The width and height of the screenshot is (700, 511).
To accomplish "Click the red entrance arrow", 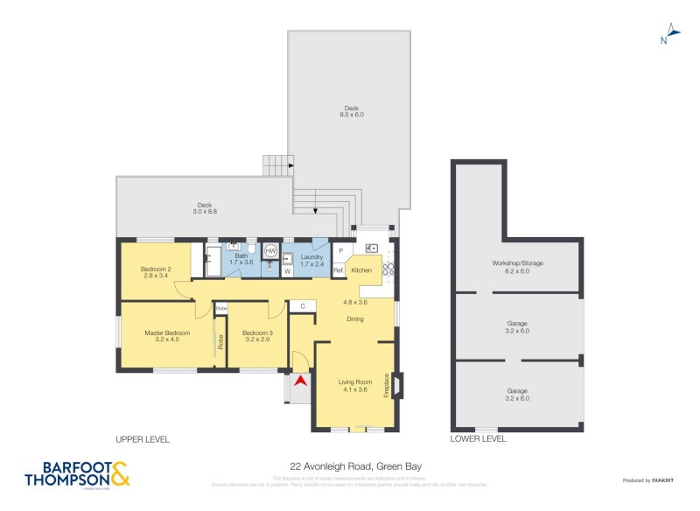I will click(302, 381).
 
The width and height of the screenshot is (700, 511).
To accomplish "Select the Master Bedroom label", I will click(167, 335).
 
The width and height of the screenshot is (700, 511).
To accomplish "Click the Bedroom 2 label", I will click(157, 272).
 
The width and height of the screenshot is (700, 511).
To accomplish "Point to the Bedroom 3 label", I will click(257, 335).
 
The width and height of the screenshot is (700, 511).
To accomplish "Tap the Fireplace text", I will click(386, 386).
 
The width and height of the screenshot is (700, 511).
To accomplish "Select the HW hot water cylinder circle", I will click(270, 250).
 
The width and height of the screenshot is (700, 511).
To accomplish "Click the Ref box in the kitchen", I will click(339, 270).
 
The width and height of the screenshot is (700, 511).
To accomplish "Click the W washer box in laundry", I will click(288, 271).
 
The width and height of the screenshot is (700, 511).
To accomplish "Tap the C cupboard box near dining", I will click(302, 305).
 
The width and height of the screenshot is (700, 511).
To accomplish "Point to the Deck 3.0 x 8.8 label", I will click(204, 208).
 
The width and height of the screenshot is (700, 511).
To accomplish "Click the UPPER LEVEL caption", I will click(143, 438).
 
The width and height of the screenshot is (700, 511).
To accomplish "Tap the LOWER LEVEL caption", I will click(478, 438).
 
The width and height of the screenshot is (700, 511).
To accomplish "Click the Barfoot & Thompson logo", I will click(77, 473).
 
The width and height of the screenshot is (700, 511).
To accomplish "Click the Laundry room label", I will click(311, 260).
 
